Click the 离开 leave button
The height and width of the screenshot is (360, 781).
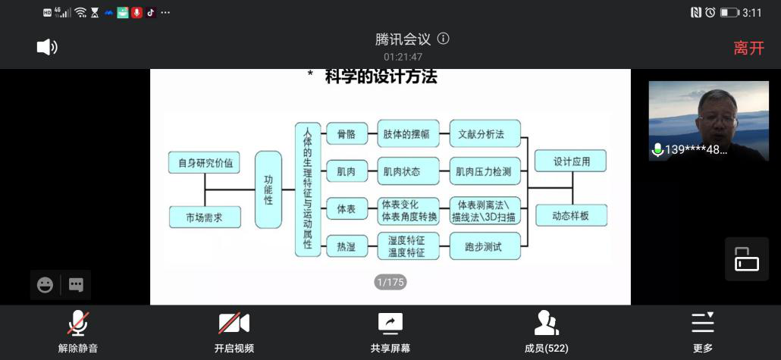pyautogui.click(x=748, y=48)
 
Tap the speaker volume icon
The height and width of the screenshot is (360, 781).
pyautogui.click(x=47, y=47)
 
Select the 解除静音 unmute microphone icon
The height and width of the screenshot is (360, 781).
pyautogui.click(x=77, y=324)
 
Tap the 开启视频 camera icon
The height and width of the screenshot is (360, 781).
pyautogui.click(x=234, y=324)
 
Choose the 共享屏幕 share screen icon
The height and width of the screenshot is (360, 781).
pyautogui.click(x=390, y=324)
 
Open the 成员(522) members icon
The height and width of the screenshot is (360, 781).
pyautogui.click(x=546, y=324)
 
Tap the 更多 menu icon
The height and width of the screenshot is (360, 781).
pyautogui.click(x=703, y=324)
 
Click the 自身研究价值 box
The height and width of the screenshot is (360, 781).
pyautogui.click(x=205, y=162)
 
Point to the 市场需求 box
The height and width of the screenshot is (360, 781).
pyautogui.click(x=205, y=217)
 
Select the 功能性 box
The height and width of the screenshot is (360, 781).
pyautogui.click(x=268, y=189)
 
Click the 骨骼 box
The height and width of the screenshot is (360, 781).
pyautogui.click(x=346, y=134)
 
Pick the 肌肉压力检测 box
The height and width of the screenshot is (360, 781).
pyautogui.click(x=485, y=171)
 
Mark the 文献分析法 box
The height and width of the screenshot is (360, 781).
pyautogui.click(x=485, y=134)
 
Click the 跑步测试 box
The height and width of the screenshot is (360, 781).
pyautogui.click(x=485, y=246)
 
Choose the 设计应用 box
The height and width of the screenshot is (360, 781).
pyautogui.click(x=572, y=161)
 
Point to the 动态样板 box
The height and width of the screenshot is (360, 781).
pyautogui.click(x=572, y=216)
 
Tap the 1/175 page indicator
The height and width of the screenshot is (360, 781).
pyautogui.click(x=390, y=282)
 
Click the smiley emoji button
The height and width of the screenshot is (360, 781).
pyautogui.click(x=45, y=285)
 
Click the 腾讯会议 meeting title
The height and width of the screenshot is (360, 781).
pyautogui.click(x=403, y=39)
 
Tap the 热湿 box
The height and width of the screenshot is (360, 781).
pyautogui.click(x=346, y=246)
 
